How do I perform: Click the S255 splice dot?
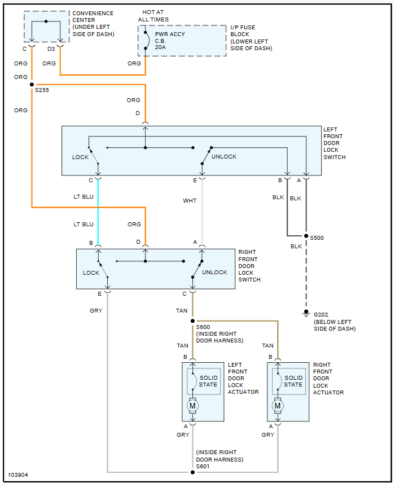coord(32,84)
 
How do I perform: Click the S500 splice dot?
coord(306,236)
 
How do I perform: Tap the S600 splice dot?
coord(192,320)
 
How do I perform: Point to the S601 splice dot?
coord(192,472)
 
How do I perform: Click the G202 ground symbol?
coord(306,313)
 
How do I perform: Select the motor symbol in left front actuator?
coord(192,406)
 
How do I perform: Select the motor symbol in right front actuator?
coord(278,406)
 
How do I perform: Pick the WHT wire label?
coord(190,200)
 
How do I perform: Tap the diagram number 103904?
coord(18,475)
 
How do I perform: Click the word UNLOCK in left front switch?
coord(224,157)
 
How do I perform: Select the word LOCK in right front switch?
coord(91,273)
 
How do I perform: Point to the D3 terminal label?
coord(51,49)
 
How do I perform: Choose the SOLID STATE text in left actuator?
coord(208,381)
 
